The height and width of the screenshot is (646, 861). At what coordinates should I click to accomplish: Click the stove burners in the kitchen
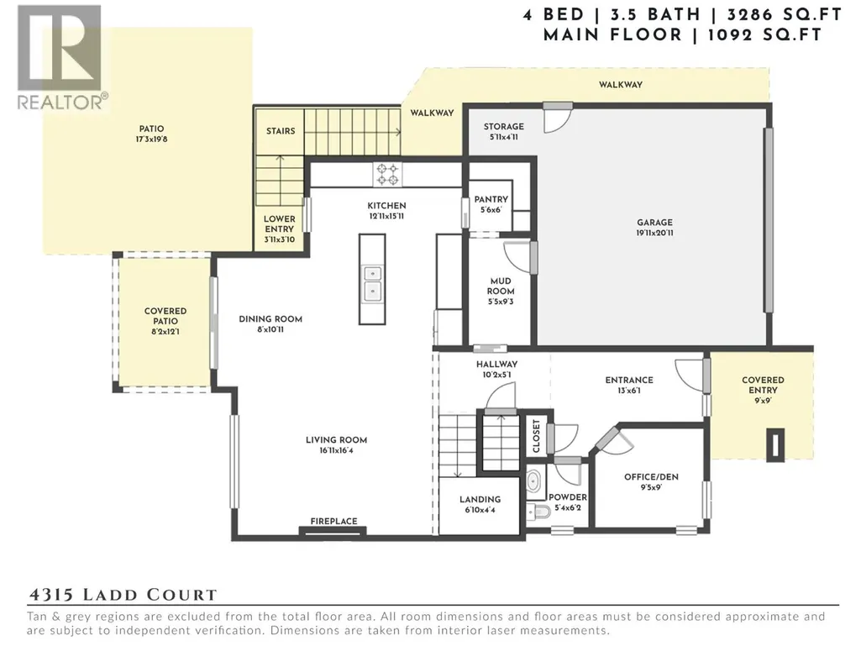[x=388, y=174]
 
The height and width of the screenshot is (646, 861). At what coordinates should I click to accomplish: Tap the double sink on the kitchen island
[x=372, y=282]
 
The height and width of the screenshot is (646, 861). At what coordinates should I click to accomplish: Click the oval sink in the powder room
[x=534, y=481]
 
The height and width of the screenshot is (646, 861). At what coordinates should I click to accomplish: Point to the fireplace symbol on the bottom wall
[x=333, y=530]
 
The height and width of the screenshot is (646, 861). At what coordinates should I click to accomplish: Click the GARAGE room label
[x=654, y=223]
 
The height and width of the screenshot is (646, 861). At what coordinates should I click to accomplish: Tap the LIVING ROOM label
[x=336, y=440]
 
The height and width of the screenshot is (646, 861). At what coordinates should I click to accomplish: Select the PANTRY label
[x=491, y=199]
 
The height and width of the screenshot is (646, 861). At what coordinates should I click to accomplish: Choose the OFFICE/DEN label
[x=651, y=477]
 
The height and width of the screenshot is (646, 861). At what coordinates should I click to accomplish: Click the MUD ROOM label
[x=501, y=286]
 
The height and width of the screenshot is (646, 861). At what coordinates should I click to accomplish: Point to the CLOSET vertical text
[x=537, y=436]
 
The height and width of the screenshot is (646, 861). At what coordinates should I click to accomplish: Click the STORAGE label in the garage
[x=503, y=126]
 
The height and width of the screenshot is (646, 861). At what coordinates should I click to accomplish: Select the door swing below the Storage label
[x=557, y=120]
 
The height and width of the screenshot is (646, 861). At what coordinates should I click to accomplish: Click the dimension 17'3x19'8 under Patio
[x=151, y=139]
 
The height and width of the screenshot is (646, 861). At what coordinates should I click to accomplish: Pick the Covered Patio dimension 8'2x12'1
[x=165, y=332]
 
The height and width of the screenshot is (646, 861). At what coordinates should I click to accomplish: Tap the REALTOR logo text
[x=61, y=102]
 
